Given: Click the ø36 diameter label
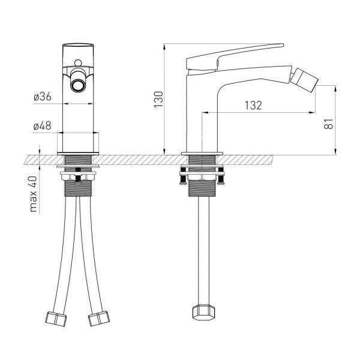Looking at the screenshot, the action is point(43,97).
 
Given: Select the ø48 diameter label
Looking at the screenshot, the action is point(42,126).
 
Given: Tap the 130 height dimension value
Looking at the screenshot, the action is point(158,100).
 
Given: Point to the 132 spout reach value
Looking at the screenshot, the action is point(253,106).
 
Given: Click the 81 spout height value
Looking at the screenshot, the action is point(328,124).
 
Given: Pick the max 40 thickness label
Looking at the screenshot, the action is point(34,194).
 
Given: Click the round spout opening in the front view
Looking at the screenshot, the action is point(78,86).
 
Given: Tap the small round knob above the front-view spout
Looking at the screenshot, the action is point(78,62).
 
